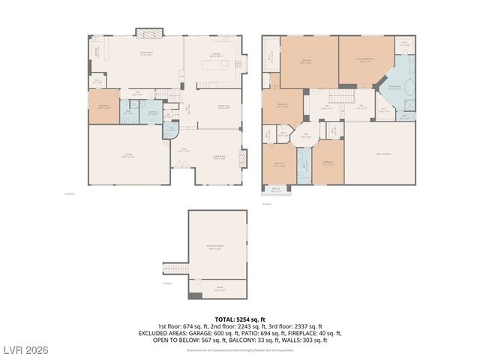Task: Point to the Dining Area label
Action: [x=223, y=106]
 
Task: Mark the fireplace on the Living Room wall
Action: [x=241, y=158]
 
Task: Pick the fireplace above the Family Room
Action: [x=148, y=32]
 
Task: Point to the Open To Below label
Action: [x=383, y=155]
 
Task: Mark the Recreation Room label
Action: [x=217, y=247]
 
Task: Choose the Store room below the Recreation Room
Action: [x=220, y=288]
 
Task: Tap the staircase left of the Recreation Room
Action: [x=175, y=268]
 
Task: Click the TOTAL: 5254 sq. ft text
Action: [x=240, y=319]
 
